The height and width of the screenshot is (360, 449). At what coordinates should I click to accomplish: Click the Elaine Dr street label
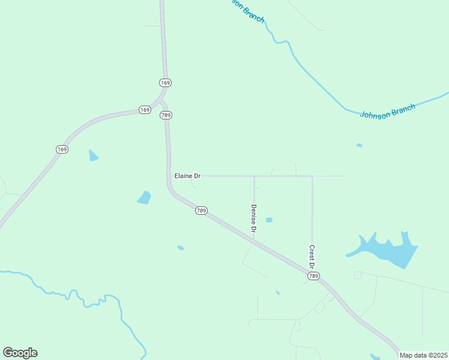(x=187, y=176)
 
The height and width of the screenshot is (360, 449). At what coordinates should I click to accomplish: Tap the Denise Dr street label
(x=254, y=218)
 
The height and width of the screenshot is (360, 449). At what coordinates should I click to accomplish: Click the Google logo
(x=20, y=353)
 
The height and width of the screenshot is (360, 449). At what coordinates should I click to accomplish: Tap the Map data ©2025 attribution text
(x=423, y=355)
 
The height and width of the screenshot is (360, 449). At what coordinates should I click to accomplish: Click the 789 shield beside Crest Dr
(x=313, y=276)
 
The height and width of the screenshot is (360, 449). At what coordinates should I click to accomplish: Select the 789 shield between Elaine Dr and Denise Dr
(x=202, y=211)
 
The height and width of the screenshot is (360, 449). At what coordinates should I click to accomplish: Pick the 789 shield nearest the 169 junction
(x=166, y=115)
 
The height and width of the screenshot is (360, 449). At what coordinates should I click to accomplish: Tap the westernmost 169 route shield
(x=62, y=149)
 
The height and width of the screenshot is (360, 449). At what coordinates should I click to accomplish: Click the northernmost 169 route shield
(x=166, y=82)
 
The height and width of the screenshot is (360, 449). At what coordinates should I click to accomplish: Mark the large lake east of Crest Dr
(x=387, y=249)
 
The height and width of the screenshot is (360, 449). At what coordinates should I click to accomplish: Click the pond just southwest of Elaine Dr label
(x=144, y=197)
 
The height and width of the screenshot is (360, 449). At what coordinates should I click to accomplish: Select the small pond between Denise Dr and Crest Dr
(x=269, y=220)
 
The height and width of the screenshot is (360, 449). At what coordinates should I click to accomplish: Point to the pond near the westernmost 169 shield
(x=92, y=155)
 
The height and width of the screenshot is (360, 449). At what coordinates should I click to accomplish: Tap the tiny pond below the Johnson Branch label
(x=359, y=145)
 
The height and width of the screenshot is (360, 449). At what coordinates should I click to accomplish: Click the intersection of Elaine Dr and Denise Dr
(x=254, y=176)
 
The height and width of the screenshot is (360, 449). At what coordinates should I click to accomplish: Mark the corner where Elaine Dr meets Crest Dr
(x=312, y=176)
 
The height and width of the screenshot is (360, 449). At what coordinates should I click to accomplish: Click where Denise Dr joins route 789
(x=254, y=238)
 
